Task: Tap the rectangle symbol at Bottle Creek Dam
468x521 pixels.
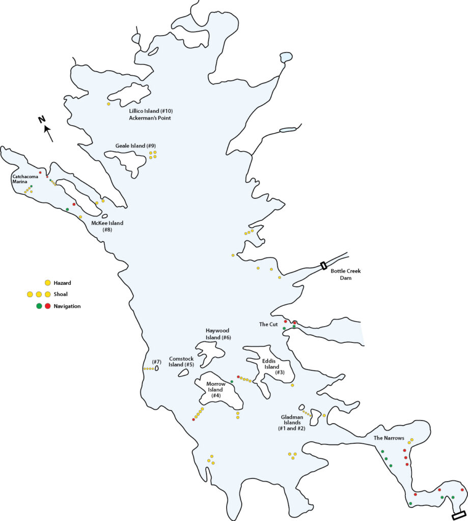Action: coord(323,265)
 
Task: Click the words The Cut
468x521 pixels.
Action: coord(268,324)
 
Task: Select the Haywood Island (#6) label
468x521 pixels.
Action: coord(218,334)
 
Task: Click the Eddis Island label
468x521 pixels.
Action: coord(271,367)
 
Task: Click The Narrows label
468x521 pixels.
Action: coord(389,438)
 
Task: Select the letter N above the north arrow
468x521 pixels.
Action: coord(42,120)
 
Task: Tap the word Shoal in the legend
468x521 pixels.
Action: coord(62,294)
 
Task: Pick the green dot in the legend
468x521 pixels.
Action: coord(39,306)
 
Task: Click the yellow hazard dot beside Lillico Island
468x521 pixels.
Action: coord(108,104)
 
